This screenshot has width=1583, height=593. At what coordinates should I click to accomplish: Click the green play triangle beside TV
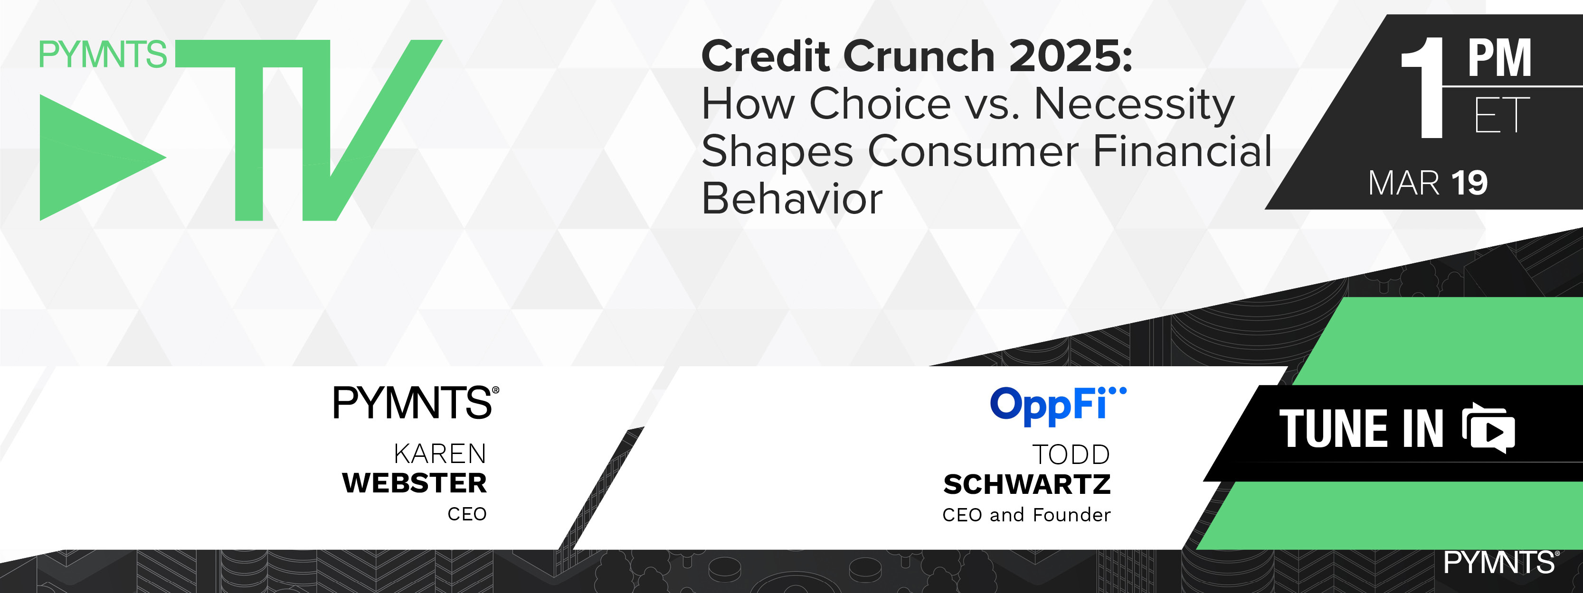click(x=92, y=157)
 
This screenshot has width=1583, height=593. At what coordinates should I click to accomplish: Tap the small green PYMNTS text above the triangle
click(x=103, y=54)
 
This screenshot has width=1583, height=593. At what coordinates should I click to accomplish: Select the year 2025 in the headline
click(x=1071, y=56)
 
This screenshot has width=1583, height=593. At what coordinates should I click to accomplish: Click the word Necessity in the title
click(x=1134, y=104)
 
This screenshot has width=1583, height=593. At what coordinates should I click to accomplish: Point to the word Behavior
click(x=791, y=198)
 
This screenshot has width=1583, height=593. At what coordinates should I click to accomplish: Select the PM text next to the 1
click(x=1500, y=58)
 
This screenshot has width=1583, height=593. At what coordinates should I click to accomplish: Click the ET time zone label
click(x=1502, y=115)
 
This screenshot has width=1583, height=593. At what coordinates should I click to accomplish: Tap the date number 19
click(x=1469, y=183)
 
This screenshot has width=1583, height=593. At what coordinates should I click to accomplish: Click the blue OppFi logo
click(x=1058, y=405)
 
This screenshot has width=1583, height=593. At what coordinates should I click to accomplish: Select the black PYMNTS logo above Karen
click(x=416, y=403)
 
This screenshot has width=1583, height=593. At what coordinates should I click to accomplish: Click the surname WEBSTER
click(x=415, y=483)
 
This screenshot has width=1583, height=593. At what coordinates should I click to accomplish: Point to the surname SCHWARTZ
click(x=1027, y=484)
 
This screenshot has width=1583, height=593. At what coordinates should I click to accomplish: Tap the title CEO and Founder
click(x=1027, y=514)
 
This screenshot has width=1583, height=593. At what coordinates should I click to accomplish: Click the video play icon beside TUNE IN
click(x=1489, y=428)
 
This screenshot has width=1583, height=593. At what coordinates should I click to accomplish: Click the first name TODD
click(x=1071, y=455)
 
